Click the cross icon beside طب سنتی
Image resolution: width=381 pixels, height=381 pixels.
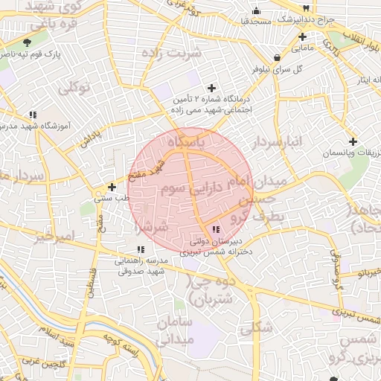pyautogui.click(x=112, y=188)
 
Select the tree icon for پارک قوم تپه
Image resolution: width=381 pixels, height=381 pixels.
pyautogui.click(x=28, y=42)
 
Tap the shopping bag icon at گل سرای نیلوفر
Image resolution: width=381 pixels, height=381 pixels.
pyautogui.click(x=278, y=57)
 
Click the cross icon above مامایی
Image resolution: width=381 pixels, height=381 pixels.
pyautogui.click(x=302, y=36)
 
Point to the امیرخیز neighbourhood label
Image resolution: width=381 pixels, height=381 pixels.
pyautogui.click(x=55, y=237)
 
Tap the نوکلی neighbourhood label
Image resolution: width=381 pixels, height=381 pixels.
pyautogui.click(x=74, y=89)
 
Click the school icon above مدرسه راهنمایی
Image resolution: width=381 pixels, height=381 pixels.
pyautogui.click(x=140, y=249)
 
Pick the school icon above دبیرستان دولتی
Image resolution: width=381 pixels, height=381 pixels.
pyautogui.click(x=216, y=230)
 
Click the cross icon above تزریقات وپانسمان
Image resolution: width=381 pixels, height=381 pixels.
pyautogui.click(x=353, y=141)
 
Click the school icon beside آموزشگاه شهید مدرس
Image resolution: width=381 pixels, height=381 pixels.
pyautogui.click(x=33, y=115)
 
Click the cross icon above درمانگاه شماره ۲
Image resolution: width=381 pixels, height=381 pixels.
pyautogui.click(x=213, y=88)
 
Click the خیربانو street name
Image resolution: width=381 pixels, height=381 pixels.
pyautogui.click(x=366, y=275)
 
